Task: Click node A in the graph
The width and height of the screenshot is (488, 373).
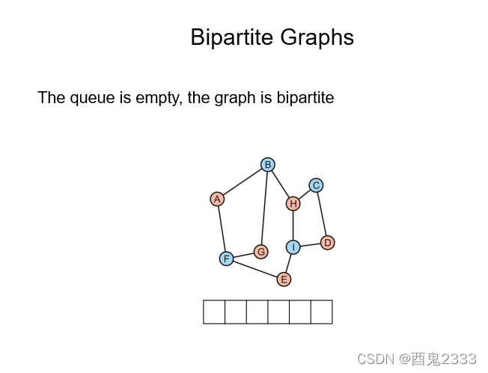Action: tap(217, 199)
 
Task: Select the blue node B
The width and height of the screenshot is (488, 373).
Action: tap(268, 164)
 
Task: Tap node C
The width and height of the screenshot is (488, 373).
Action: tap(316, 185)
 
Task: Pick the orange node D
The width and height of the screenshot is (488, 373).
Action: tap(327, 243)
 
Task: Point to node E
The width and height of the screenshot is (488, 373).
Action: tap(284, 280)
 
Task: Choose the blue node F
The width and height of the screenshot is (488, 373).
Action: tap(226, 259)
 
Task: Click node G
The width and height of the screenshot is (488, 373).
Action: tap(260, 252)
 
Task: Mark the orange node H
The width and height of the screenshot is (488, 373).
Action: tap(293, 203)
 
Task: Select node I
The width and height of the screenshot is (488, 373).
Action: tap(293, 247)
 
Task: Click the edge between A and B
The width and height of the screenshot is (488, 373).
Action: tap(243, 182)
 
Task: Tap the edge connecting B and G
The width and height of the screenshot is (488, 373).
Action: tap(264, 208)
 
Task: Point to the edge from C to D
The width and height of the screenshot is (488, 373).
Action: tap(322, 215)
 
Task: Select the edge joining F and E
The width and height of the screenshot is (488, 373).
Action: tap(254, 269)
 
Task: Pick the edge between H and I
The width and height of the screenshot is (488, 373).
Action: tap(293, 225)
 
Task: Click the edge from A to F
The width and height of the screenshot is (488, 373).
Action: tap(222, 229)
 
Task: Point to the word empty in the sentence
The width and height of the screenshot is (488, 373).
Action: tap(157, 98)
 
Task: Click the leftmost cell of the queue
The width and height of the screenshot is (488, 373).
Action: tap(214, 312)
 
